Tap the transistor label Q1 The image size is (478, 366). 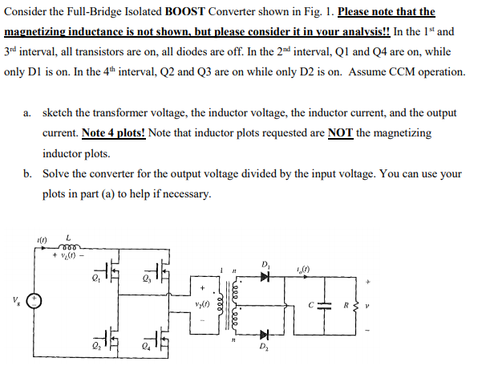[95, 281]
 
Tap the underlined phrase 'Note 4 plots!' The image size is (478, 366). [112, 132]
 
